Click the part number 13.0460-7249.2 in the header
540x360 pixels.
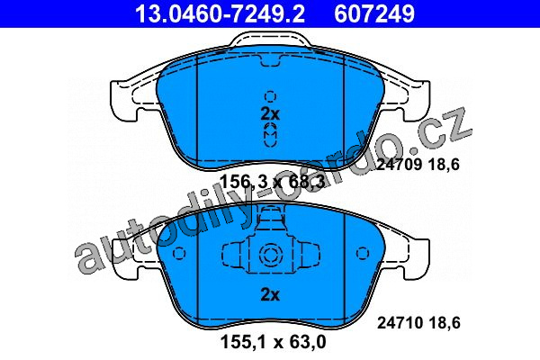click(220, 13)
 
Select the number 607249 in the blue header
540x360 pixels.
click(374, 13)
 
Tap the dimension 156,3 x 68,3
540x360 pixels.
click(273, 182)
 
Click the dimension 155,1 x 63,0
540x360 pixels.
click(273, 342)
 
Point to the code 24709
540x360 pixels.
click(399, 165)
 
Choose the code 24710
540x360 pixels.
click(400, 323)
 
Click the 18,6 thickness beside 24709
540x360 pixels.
click(445, 165)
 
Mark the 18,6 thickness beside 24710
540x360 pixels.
click(445, 323)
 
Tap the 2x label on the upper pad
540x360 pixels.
click(270, 114)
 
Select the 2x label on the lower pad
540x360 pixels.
click(270, 294)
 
